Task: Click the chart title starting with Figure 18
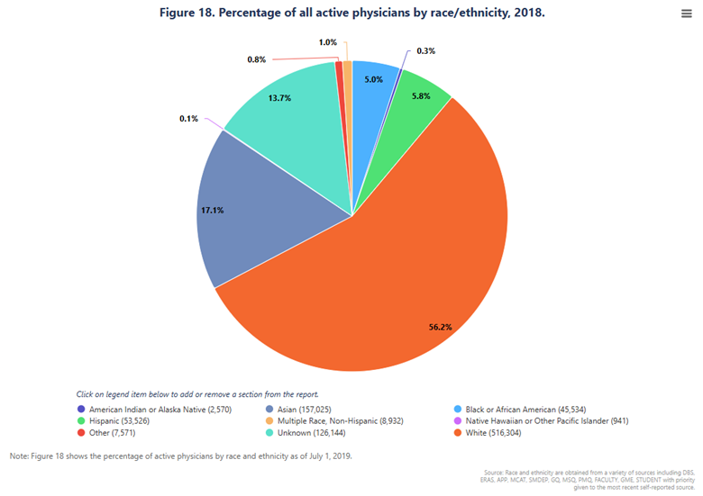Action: click(x=351, y=14)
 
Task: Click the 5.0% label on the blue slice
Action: click(x=373, y=79)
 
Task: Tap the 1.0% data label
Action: click(x=328, y=42)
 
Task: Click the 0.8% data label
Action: click(x=256, y=59)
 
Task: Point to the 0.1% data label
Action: click(x=189, y=118)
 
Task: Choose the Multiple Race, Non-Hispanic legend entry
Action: click(x=338, y=420)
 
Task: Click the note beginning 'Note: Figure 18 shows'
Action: click(x=180, y=455)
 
